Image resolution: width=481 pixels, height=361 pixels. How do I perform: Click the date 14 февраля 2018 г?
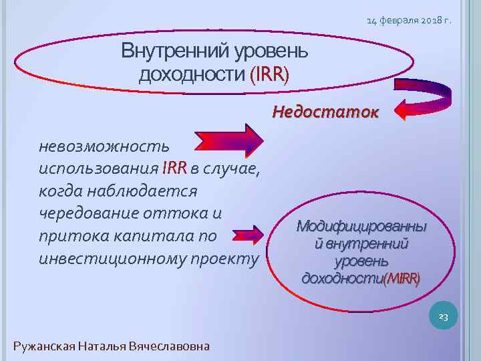tap(409, 20)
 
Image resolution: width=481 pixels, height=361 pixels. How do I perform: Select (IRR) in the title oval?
tap(269, 74)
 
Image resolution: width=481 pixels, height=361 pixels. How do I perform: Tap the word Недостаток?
tap(325, 112)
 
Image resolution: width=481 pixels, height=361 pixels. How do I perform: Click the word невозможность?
tap(104, 145)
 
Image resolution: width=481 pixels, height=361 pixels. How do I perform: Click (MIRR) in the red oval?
tap(402, 277)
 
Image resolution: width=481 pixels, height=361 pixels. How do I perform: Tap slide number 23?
tap(443, 316)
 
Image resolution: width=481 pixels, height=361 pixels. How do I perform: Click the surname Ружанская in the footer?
tap(44, 346)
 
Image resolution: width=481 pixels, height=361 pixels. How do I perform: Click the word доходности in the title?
tap(192, 74)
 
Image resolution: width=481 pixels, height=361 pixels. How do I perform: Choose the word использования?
tap(98, 168)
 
